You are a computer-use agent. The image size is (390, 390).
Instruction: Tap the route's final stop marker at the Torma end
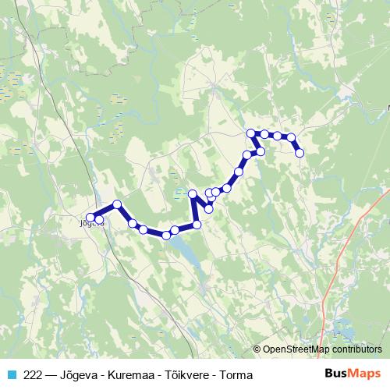(x=299, y=153)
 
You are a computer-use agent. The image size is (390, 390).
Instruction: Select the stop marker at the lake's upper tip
(x=166, y=235)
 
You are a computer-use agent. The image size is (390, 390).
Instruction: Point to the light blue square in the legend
(x=11, y=375)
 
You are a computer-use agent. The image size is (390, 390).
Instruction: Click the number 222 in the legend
(x=34, y=375)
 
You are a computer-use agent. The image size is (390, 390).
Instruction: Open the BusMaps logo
(x=352, y=374)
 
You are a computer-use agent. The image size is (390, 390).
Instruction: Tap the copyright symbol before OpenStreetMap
(x=257, y=349)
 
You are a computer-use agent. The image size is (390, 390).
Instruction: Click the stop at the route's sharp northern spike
(x=193, y=193)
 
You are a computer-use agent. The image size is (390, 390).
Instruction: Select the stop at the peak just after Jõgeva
(x=117, y=204)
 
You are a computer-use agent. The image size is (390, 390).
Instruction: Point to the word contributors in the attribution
(x=358, y=349)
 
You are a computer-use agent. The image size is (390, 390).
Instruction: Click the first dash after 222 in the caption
(x=50, y=375)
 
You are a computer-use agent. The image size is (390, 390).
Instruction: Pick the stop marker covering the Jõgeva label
(x=90, y=218)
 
